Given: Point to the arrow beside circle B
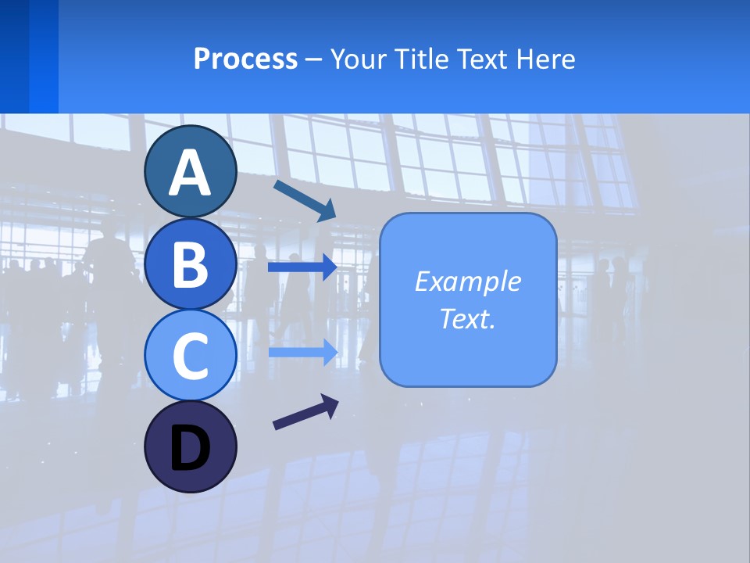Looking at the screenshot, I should click(302, 267).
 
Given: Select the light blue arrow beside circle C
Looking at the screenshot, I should click(302, 353).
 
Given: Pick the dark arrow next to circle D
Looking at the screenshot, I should click(305, 412).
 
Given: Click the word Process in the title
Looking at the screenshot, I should click(245, 59).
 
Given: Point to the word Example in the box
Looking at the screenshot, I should click(467, 281).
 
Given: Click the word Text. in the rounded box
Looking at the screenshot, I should click(467, 319).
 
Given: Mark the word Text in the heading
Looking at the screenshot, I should click(486, 59).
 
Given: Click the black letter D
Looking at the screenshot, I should click(190, 447).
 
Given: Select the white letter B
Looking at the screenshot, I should click(190, 264).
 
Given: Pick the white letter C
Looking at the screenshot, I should click(190, 357).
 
